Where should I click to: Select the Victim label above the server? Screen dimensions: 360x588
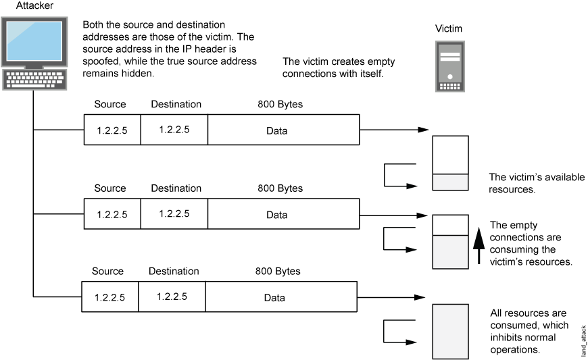point(449,29)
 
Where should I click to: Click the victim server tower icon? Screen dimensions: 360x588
point(449,66)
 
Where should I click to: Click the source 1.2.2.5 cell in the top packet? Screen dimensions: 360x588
point(112,130)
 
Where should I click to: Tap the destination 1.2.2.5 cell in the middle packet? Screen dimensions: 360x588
point(174,213)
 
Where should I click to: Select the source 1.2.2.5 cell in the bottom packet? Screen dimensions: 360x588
point(109,297)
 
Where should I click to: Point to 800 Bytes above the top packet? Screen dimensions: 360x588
point(280,105)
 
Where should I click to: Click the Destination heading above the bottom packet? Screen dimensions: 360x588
point(174,272)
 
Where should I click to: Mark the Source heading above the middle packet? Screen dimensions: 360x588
point(110,188)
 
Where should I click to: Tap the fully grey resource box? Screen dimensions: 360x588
point(449,331)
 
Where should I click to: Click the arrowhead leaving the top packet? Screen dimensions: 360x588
point(423,130)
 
